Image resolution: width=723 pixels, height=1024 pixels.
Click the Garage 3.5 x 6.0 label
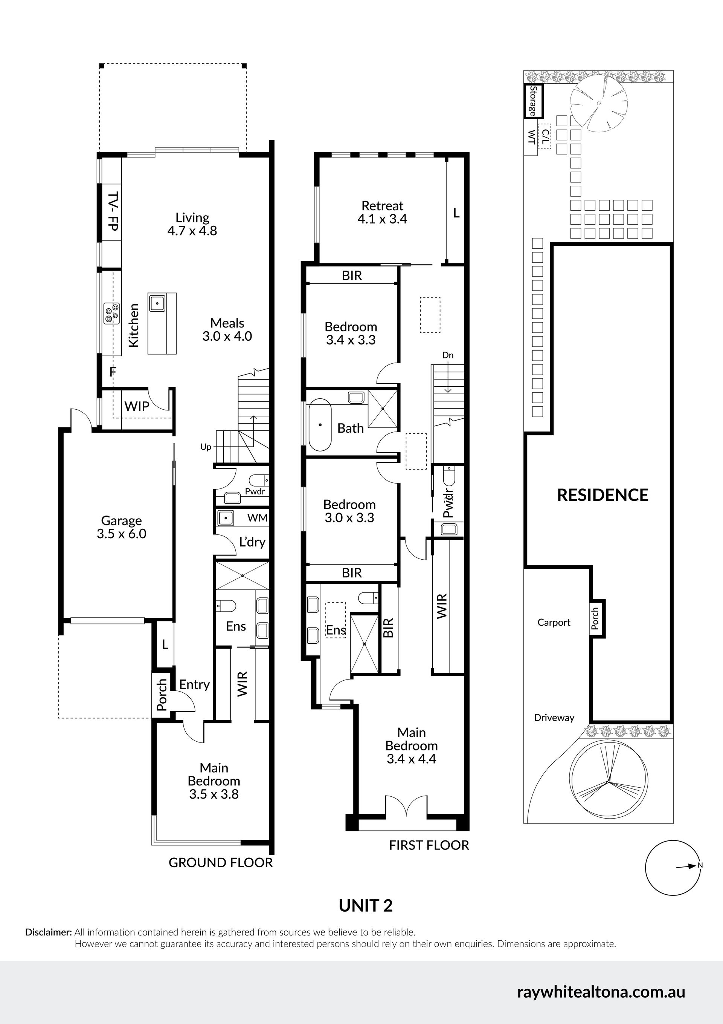tap(121, 527)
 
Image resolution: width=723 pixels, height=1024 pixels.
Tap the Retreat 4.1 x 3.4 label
tap(383, 212)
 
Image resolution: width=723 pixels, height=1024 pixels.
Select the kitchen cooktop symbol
tap(111, 313)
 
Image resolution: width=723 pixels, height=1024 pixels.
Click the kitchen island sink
tap(157, 303)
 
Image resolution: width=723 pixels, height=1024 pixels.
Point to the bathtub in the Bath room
tap(320, 425)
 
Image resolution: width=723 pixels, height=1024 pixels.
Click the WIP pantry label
tap(137, 406)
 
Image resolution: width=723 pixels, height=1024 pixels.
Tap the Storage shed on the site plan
tap(533, 101)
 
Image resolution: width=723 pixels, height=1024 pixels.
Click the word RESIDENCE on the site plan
tap(602, 495)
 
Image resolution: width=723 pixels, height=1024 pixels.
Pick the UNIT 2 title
tap(366, 906)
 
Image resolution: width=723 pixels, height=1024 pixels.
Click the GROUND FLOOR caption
tap(221, 863)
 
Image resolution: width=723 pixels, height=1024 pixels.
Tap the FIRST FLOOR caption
tap(429, 845)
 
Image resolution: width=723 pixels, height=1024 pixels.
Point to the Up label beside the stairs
tap(206, 447)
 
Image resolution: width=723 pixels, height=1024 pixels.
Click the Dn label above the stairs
tap(448, 355)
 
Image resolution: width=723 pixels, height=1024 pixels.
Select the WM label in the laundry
tap(258, 517)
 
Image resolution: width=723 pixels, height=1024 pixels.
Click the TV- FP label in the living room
tap(113, 211)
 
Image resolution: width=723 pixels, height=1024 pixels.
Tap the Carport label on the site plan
tap(554, 622)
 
